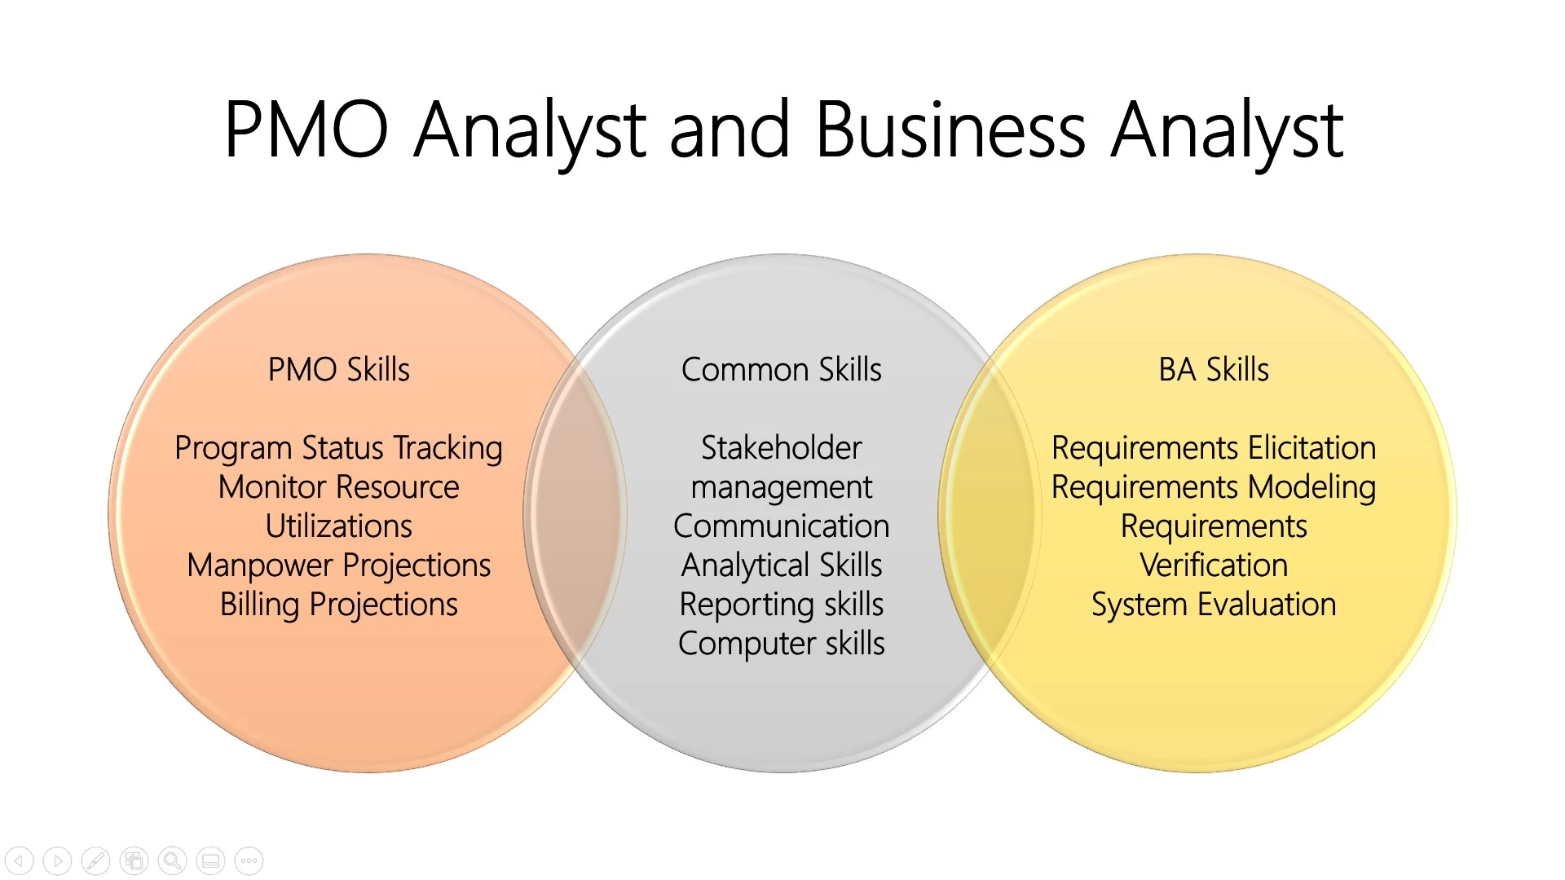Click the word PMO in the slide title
(306, 130)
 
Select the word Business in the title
(950, 130)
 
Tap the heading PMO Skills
(339, 370)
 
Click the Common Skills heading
(781, 370)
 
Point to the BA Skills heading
(1214, 370)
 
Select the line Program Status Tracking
(339, 448)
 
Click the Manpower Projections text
(339, 565)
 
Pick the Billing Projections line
(339, 605)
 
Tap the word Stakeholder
(781, 448)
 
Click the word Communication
(781, 526)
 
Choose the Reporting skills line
(781, 605)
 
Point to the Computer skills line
(781, 644)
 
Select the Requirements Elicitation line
(1214, 448)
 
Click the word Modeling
(1312, 487)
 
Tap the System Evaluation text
(1214, 605)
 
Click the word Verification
(1214, 565)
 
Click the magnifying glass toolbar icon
(172, 860)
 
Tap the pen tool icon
(95, 860)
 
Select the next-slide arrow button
(57, 860)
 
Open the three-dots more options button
(249, 860)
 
